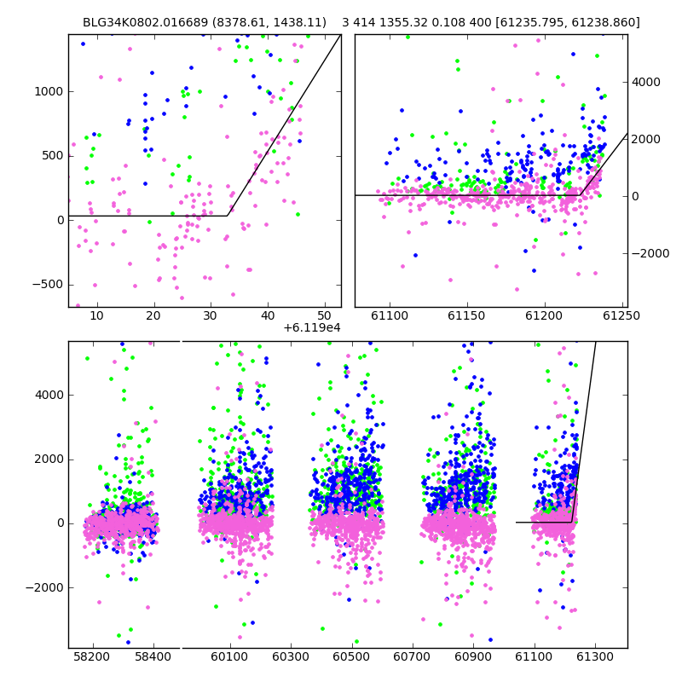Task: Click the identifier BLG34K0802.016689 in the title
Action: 145,22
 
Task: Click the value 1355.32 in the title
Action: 403,22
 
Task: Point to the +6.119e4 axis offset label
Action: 312,327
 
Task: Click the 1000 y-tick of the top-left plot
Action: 49,91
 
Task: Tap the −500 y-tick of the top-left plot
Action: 48,285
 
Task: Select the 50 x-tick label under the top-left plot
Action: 325,315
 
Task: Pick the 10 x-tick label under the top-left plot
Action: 96,315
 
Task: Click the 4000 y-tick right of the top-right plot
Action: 646,82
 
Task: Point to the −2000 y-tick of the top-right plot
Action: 650,253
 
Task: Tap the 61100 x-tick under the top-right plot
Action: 390,315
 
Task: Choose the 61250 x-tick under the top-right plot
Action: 621,315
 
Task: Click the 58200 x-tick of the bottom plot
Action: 92,656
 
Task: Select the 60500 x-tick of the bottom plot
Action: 351,656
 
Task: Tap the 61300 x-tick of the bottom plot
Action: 594,656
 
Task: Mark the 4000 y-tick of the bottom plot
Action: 49,395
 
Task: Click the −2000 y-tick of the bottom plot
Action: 44,587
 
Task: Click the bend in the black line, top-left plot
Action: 228,216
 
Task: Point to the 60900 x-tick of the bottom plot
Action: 473,656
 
